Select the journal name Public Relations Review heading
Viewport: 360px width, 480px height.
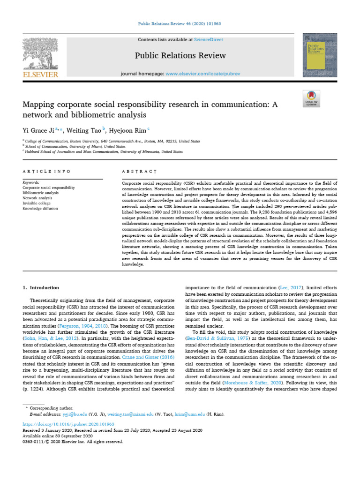tap(180, 56)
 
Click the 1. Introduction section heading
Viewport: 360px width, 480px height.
tap(41, 287)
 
